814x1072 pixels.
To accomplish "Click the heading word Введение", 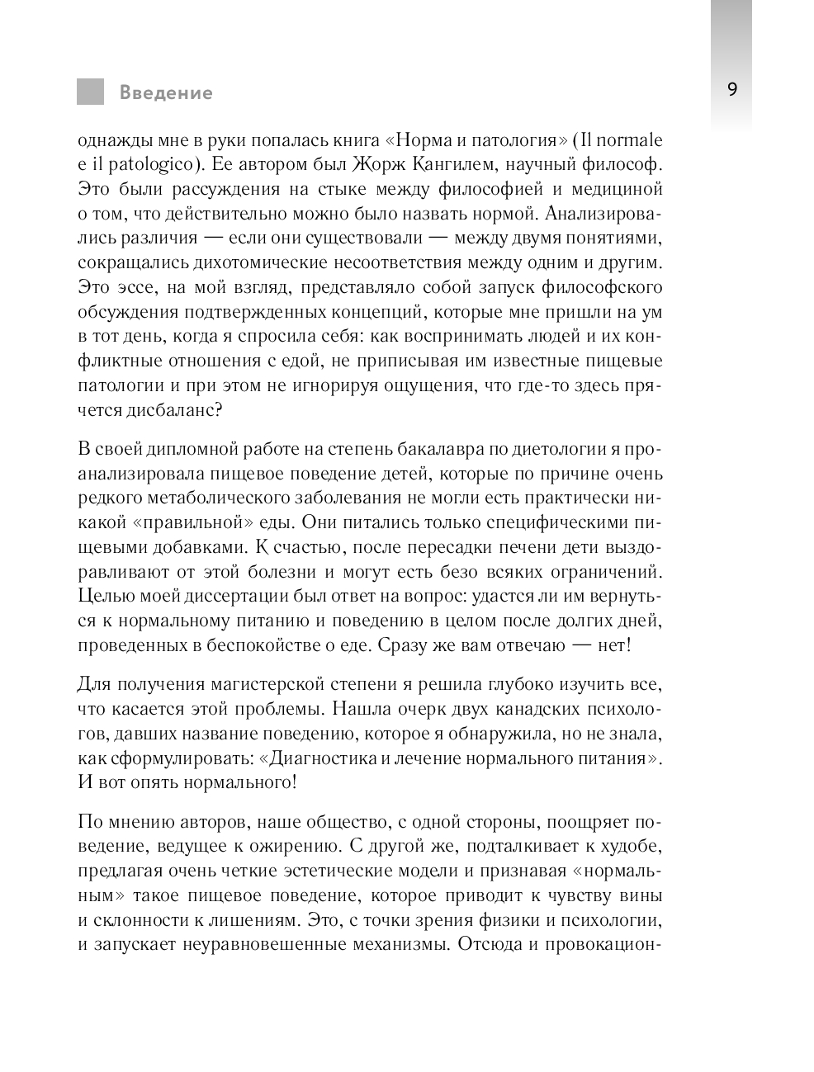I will [x=166, y=92].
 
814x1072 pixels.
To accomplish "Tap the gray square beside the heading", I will [x=91, y=92].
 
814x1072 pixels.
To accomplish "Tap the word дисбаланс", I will [x=168, y=410].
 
